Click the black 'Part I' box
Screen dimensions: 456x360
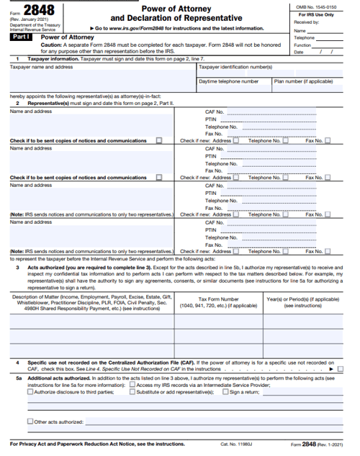coord(19,35)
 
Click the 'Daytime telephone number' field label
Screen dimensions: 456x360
coord(228,81)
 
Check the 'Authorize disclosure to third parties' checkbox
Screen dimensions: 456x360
coord(30,392)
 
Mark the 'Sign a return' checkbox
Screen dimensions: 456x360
coord(225,392)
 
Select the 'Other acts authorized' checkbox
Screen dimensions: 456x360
coord(30,421)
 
